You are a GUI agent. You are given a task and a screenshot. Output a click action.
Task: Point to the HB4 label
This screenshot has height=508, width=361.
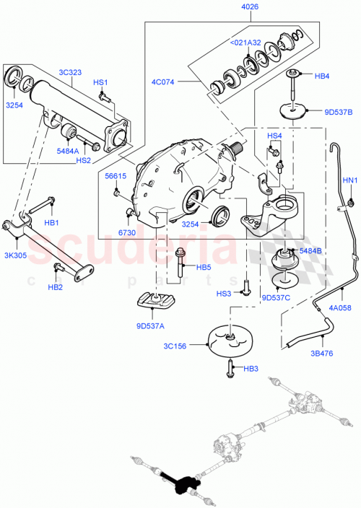tap(322, 75)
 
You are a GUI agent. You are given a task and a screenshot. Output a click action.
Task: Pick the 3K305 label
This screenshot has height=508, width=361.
tap(17, 255)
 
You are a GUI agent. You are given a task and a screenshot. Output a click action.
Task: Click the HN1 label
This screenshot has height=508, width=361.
tap(349, 180)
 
